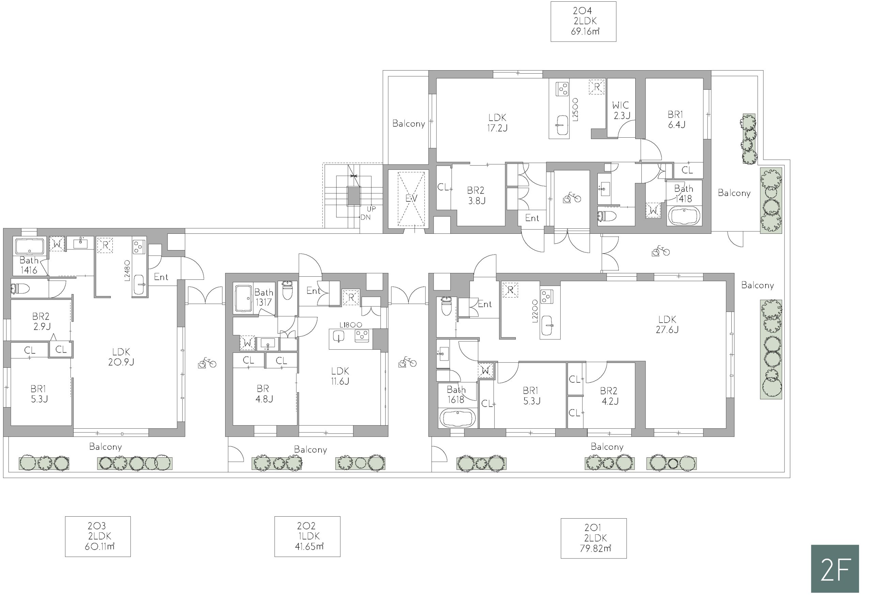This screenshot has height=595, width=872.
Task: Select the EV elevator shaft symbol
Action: click(411, 199)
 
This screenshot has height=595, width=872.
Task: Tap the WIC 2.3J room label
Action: click(621, 110)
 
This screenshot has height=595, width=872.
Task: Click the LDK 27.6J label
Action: click(667, 324)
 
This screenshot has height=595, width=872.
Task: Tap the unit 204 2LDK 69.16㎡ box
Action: click(583, 21)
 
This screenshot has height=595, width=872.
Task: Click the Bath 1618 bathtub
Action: click(458, 418)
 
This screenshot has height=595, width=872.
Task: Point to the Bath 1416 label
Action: click(29, 265)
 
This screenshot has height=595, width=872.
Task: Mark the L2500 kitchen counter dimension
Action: click(576, 110)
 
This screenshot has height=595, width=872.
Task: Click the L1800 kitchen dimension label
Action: click(351, 325)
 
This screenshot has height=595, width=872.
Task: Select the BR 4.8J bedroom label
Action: click(264, 394)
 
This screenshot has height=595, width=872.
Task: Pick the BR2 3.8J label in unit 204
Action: click(476, 196)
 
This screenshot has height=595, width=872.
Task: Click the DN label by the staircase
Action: click(365, 217)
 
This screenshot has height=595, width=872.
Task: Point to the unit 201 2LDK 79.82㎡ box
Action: click(594, 538)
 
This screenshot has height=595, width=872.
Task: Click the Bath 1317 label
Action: click(264, 297)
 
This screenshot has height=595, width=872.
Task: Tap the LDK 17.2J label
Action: click(497, 123)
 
